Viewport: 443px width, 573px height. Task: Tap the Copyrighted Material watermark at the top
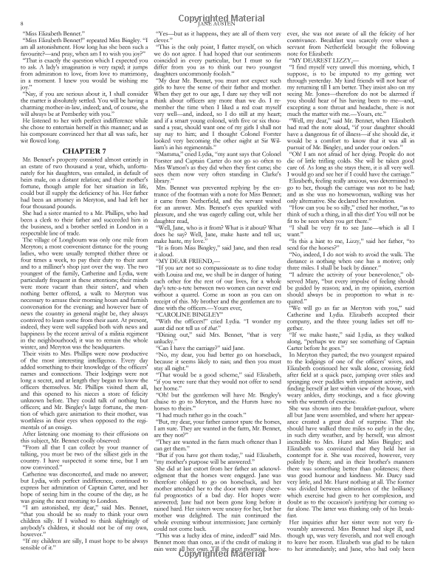point(221,13)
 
